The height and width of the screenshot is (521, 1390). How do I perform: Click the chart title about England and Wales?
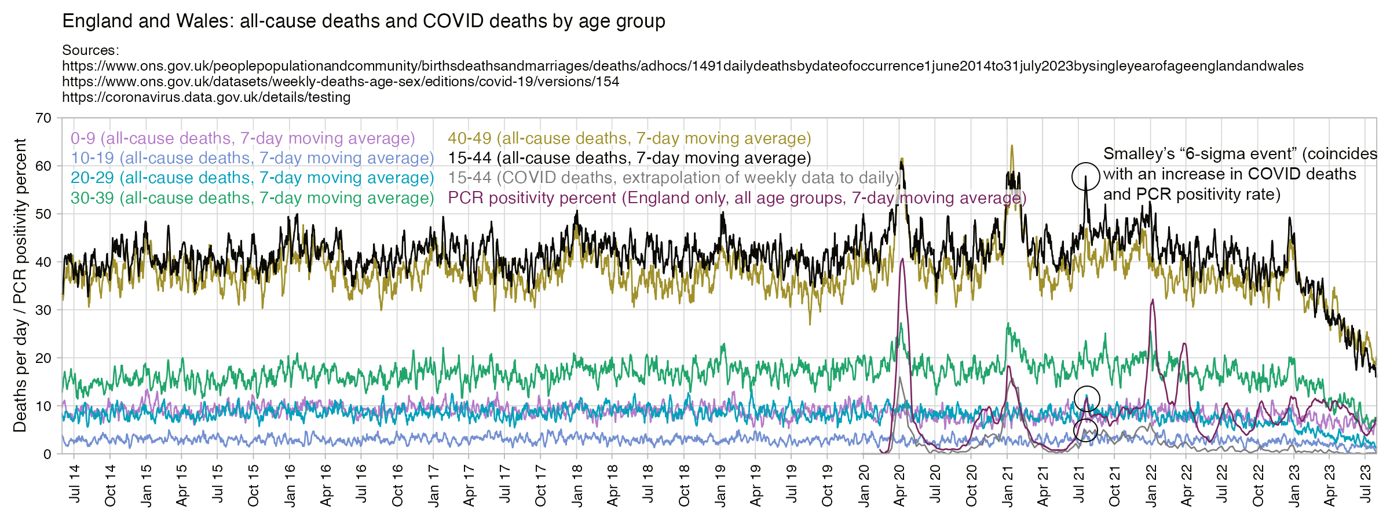(364, 21)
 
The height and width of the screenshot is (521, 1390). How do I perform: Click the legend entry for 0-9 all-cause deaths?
(243, 138)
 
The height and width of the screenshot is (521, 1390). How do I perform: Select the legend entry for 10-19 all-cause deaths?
(252, 158)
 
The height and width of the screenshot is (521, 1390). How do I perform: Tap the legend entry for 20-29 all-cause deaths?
(252, 178)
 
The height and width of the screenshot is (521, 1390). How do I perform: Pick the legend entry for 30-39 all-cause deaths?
(252, 198)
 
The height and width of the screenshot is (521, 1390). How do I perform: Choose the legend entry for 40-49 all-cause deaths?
(629, 138)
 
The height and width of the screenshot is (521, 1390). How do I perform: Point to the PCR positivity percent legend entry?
(737, 198)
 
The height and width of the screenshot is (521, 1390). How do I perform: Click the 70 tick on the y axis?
(43, 118)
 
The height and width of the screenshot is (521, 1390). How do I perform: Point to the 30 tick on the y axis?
(43, 310)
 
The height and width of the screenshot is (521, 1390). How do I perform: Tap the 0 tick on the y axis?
(47, 454)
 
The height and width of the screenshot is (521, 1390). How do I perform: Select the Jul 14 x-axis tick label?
(75, 484)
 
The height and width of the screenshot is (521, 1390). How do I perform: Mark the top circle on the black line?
(1085, 177)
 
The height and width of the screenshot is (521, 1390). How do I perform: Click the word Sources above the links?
(90, 50)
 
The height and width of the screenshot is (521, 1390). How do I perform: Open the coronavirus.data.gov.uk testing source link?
(206, 97)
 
